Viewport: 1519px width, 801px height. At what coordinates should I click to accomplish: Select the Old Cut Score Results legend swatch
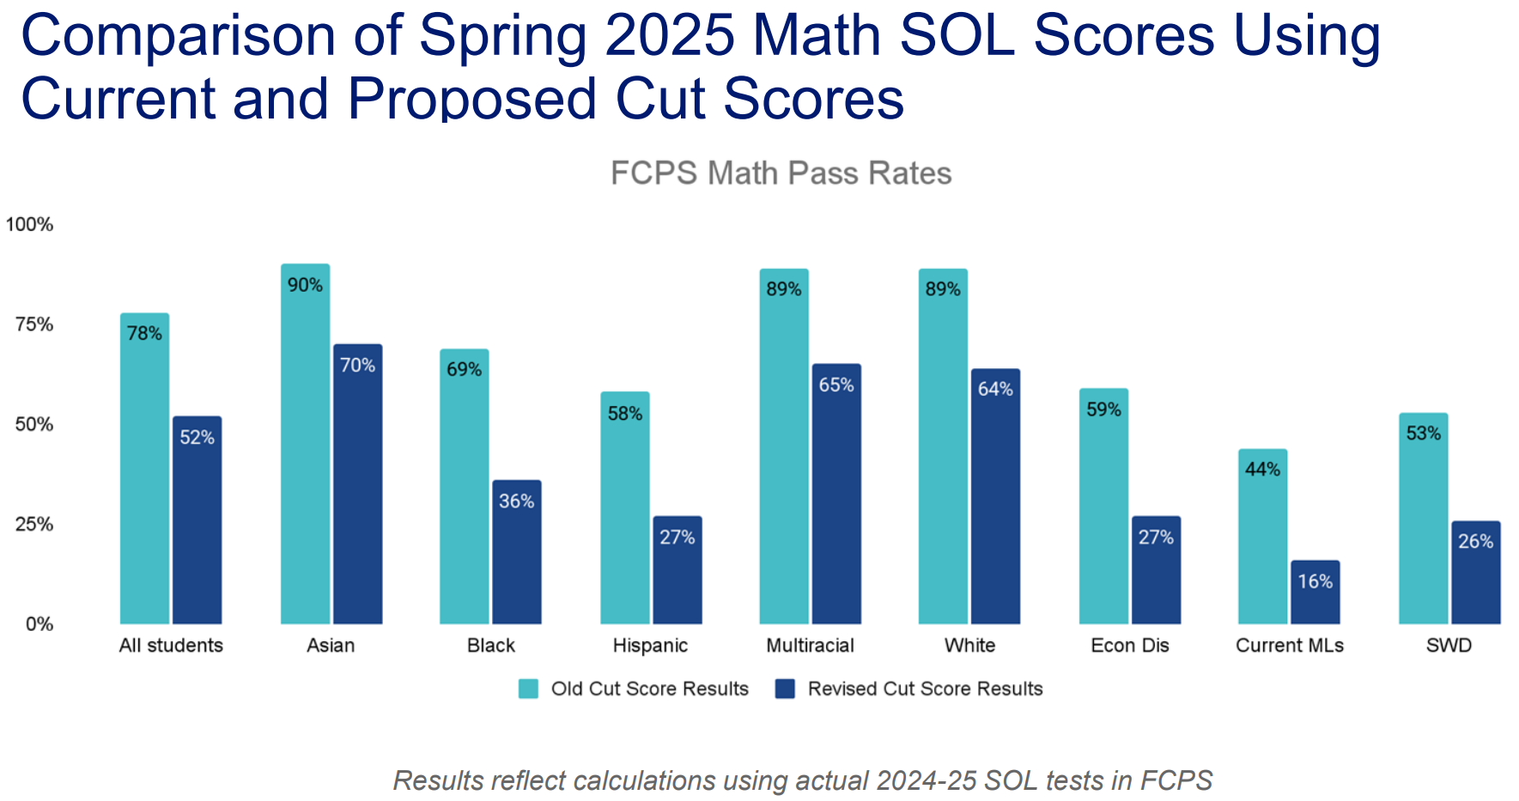(528, 689)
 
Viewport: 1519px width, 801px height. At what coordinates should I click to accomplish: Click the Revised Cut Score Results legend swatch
(785, 689)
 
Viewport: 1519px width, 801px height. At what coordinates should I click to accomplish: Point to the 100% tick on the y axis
(29, 225)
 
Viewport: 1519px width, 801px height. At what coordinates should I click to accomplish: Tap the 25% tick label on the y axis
(34, 525)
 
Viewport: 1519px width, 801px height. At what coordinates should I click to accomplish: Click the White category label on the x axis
(969, 646)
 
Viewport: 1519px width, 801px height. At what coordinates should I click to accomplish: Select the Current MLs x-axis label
(1289, 646)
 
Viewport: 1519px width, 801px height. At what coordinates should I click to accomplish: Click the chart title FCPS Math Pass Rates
(781, 173)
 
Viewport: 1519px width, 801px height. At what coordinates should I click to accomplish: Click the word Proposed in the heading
(472, 99)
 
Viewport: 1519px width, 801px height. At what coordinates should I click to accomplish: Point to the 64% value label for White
(995, 389)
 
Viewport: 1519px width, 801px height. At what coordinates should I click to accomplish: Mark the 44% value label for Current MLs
(1262, 470)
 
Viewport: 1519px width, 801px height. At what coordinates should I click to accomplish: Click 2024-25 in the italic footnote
(927, 780)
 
